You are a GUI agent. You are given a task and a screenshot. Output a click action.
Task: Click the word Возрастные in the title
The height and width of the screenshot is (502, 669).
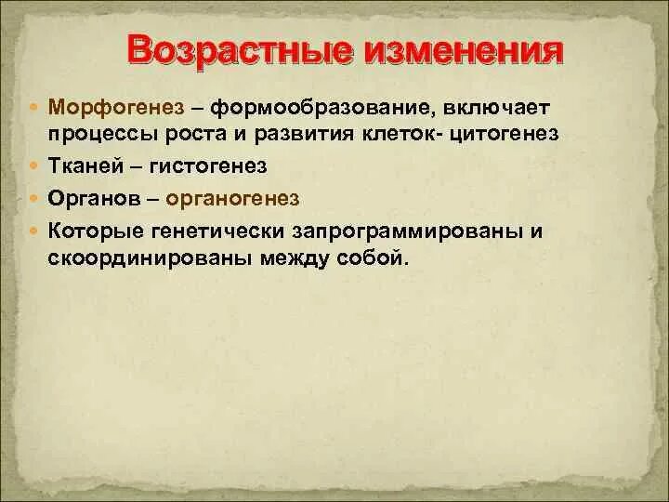pos(241,52)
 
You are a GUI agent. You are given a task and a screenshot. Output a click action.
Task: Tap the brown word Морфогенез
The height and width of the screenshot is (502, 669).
pos(116,109)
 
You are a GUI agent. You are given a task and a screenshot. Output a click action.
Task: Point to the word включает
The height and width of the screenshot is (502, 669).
pos(496,108)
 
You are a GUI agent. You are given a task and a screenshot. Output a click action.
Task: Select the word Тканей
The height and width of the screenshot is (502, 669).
pos(85,165)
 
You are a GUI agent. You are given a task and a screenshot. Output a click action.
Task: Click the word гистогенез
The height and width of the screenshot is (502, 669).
pos(208,166)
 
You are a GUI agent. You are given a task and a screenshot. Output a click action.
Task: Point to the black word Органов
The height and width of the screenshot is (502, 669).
pos(94,199)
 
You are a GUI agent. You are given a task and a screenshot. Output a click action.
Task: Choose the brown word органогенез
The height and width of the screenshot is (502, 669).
pos(232,199)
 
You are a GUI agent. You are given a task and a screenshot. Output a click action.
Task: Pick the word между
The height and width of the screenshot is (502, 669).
pos(294,259)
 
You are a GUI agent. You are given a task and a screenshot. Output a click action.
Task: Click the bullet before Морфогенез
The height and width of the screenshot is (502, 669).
pos(35,105)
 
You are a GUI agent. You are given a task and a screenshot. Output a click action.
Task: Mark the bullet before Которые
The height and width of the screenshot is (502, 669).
pos(35,230)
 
